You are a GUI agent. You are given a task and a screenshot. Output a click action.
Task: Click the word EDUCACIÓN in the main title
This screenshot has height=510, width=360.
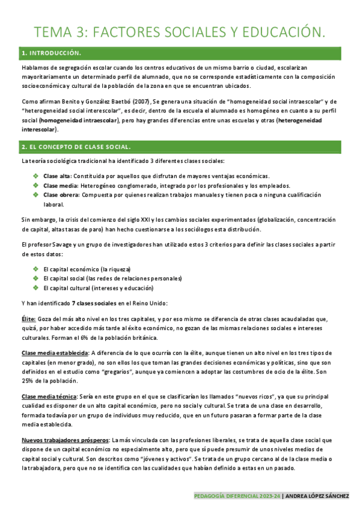tap(275, 31)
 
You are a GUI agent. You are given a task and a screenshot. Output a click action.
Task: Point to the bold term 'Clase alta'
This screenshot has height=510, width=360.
tap(57, 176)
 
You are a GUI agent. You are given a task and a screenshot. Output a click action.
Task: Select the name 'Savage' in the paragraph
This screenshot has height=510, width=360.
tap(59, 245)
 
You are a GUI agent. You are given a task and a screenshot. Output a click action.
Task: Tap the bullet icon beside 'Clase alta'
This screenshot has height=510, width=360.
tap(36, 176)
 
